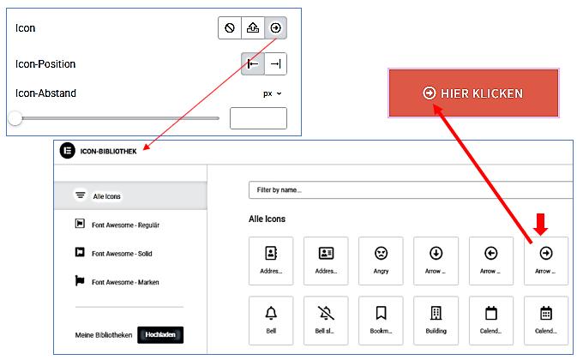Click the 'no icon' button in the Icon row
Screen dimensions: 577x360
click(230, 28)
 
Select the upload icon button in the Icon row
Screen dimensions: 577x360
click(253, 28)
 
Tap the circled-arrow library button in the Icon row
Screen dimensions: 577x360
click(275, 28)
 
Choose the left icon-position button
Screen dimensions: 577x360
click(253, 64)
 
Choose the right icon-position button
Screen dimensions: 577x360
click(275, 64)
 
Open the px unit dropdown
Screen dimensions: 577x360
click(273, 93)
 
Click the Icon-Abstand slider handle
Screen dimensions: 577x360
click(15, 118)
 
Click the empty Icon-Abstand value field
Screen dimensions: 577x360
click(258, 118)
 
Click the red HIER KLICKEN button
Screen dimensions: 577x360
click(473, 93)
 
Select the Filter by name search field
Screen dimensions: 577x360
click(411, 190)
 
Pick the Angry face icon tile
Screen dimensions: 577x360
click(381, 261)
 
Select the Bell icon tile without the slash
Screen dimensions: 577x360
click(271, 321)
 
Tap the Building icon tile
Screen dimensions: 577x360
click(436, 321)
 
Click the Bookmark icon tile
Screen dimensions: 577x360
click(381, 321)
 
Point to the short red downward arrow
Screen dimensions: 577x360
click(541, 225)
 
